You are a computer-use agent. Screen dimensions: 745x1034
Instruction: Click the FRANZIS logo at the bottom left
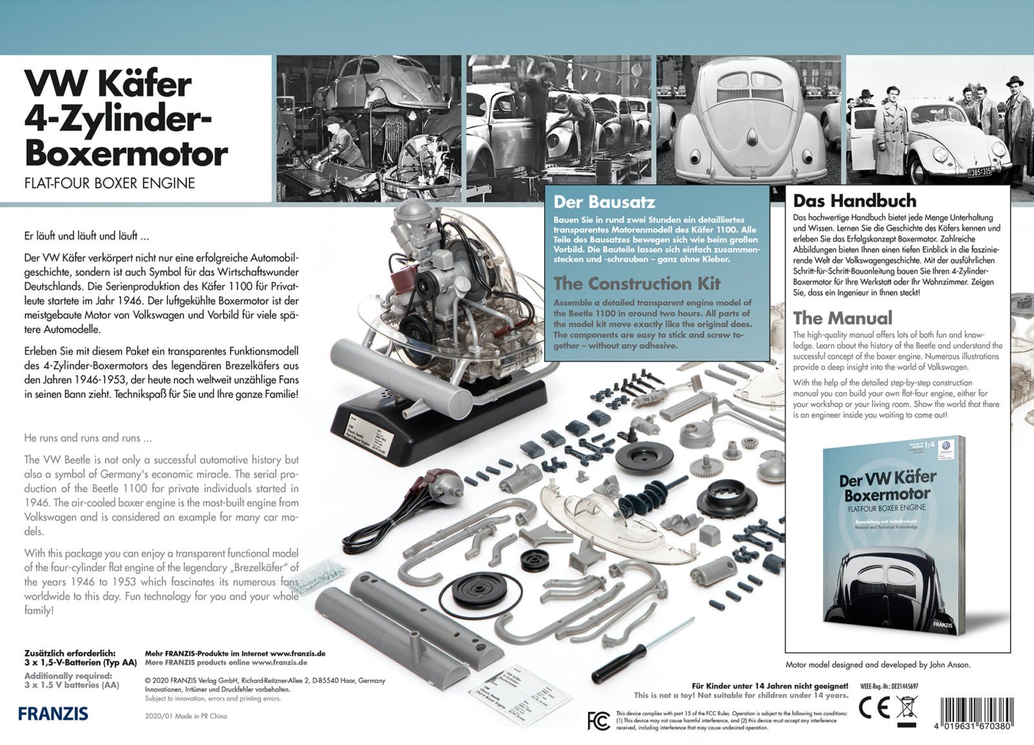coord(53,714)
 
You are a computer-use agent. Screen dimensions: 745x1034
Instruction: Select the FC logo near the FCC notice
coord(598,720)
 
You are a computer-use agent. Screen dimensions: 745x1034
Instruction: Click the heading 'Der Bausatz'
coord(604,202)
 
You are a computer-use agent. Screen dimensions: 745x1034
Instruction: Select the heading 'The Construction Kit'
coord(637,284)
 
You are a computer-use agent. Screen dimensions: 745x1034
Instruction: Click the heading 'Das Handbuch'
coord(854,200)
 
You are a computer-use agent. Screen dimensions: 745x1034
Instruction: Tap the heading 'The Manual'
coord(843,318)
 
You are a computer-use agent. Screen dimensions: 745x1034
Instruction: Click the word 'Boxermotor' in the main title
coord(126,154)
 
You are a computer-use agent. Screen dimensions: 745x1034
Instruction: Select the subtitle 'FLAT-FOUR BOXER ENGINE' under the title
coord(109,183)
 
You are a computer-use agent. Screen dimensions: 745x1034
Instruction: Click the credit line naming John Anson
coord(878,664)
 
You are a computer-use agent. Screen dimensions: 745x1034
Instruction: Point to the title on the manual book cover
coord(888,486)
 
